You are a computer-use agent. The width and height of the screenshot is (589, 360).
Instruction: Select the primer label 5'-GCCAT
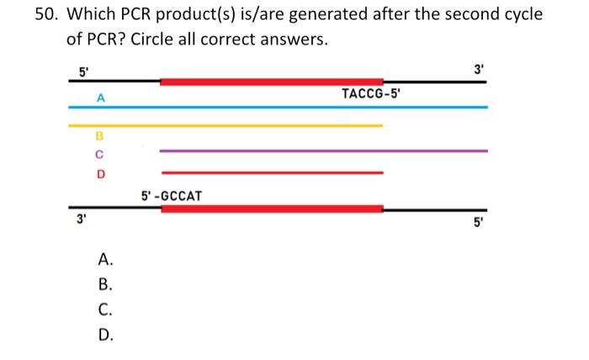tap(172, 196)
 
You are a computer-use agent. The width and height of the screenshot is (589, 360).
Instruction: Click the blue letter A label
tap(100, 98)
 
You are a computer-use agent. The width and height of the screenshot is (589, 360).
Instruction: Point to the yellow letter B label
tap(99, 135)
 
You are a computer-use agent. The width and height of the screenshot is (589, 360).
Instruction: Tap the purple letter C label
tap(99, 154)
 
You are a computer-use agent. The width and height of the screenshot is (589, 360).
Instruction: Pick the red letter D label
tap(100, 174)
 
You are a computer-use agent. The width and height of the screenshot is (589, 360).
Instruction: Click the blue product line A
tap(278, 108)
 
